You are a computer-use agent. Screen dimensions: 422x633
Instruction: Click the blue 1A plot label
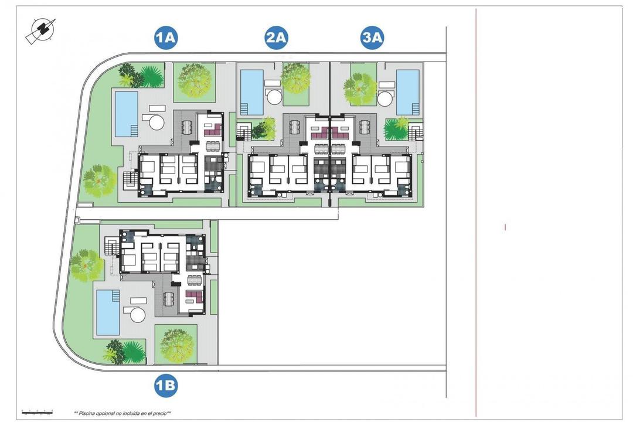pyautogui.click(x=166, y=39)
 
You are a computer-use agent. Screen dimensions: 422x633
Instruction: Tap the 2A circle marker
pyautogui.click(x=276, y=39)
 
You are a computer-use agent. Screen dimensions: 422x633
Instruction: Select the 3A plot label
pyautogui.click(x=372, y=39)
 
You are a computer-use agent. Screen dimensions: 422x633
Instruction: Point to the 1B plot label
pyautogui.click(x=166, y=385)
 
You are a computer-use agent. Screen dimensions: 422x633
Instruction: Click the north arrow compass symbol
pyautogui.click(x=40, y=30)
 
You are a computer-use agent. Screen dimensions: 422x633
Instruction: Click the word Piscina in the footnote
pyautogui.click(x=90, y=413)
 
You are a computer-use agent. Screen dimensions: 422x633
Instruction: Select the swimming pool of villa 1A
pyautogui.click(x=126, y=113)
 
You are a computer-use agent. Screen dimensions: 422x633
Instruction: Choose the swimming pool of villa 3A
pyautogui.click(x=408, y=91)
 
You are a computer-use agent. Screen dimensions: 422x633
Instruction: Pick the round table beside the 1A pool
pyautogui.click(x=157, y=122)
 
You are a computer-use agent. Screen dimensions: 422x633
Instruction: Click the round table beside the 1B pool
pyautogui.click(x=138, y=315)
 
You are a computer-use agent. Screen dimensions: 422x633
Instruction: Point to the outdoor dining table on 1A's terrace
pyautogui.click(x=187, y=127)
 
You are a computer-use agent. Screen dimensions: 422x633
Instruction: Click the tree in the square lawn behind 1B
pyautogui.click(x=177, y=345)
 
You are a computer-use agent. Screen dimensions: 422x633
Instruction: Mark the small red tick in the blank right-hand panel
pyautogui.click(x=505, y=227)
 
